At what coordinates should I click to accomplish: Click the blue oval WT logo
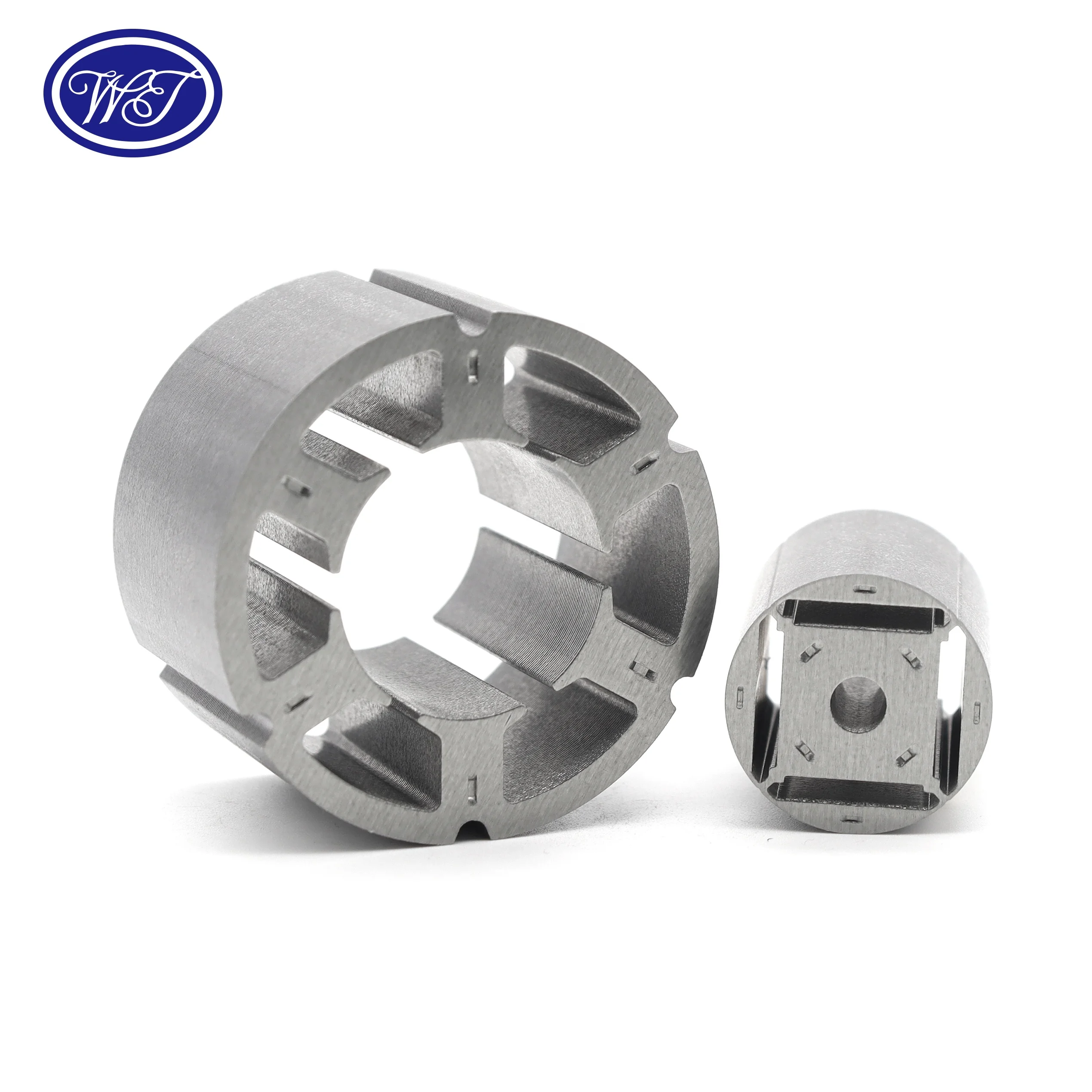coord(133,93)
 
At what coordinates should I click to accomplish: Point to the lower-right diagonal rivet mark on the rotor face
coord(905,757)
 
